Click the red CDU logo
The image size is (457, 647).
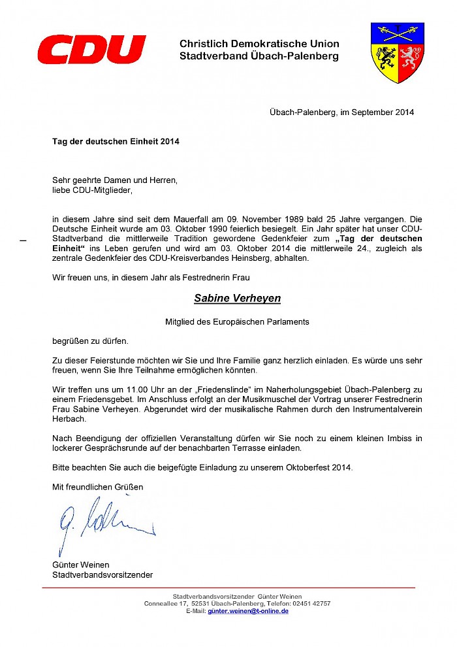91,50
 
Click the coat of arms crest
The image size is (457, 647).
398,52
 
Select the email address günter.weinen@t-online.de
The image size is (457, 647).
248,610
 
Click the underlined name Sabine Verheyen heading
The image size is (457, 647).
237,299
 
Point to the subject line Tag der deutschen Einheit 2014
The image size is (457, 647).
116,141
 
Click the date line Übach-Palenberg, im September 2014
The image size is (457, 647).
341,112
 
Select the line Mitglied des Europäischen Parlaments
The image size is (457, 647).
238,322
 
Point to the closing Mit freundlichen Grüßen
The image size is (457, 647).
98,487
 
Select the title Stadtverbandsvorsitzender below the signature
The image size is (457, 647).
102,574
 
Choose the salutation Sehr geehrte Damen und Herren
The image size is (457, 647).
115,180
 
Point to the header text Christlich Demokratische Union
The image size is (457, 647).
259,44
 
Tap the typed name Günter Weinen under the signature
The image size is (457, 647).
81,565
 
